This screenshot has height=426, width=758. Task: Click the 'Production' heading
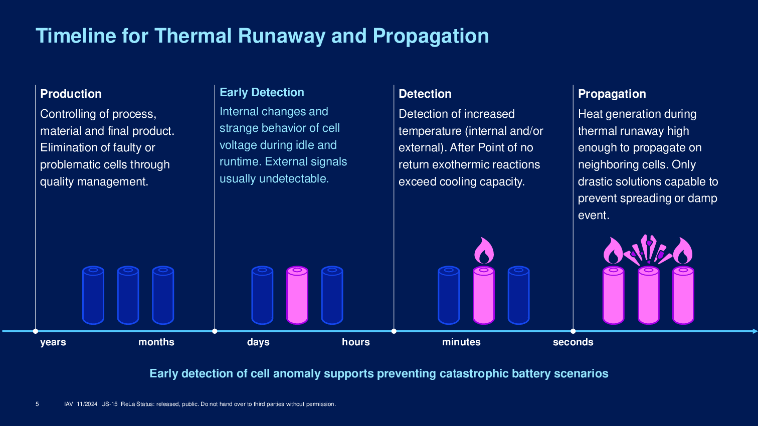click(x=71, y=94)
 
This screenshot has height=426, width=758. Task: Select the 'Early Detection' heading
click(x=262, y=92)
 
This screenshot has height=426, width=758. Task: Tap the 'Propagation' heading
click(x=612, y=94)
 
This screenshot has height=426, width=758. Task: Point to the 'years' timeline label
click(x=53, y=342)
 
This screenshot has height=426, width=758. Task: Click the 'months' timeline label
click(x=156, y=342)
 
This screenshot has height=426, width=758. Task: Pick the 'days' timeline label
click(x=258, y=342)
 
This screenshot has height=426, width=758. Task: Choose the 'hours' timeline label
click(x=355, y=342)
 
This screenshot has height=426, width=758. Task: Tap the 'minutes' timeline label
click(x=461, y=342)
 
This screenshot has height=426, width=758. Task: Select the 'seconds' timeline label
click(x=573, y=342)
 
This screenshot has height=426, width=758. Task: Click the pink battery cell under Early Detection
click(x=297, y=295)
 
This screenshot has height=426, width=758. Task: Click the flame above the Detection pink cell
click(x=484, y=251)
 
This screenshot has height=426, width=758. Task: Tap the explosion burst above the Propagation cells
click(x=648, y=250)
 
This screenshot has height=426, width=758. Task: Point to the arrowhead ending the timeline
click(x=755, y=331)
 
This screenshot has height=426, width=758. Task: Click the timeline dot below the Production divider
click(x=36, y=331)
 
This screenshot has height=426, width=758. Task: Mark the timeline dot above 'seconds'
click(x=573, y=331)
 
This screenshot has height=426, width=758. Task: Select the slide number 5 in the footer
click(x=37, y=404)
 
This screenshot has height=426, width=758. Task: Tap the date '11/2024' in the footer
click(x=87, y=404)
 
